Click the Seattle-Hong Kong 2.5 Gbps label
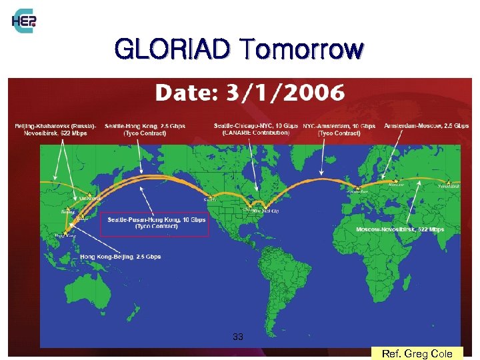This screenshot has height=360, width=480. pyautogui.click(x=145, y=129)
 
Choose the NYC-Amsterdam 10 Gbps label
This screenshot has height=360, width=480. pyautogui.click(x=339, y=129)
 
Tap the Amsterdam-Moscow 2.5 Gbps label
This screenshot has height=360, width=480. pyautogui.click(x=425, y=126)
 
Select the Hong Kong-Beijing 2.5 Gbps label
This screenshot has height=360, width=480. pyautogui.click(x=120, y=257)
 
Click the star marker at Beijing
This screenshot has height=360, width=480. pyautogui.click(x=65, y=206)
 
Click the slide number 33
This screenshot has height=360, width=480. pyautogui.click(x=238, y=337)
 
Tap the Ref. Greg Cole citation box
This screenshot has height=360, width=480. pyautogui.click(x=417, y=353)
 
